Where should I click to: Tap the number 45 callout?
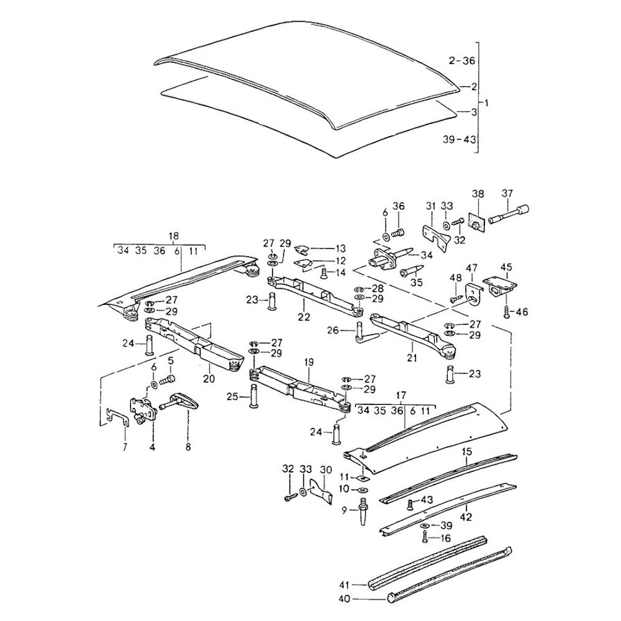[x=507, y=268]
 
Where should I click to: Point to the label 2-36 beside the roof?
[x=461, y=60]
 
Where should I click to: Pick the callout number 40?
[x=343, y=599]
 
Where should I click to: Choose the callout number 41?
[x=343, y=584]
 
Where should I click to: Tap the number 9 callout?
[x=344, y=510]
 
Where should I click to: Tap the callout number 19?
[x=309, y=361]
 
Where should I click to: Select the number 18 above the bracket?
[x=173, y=235]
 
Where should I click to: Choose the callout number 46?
[x=521, y=312]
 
